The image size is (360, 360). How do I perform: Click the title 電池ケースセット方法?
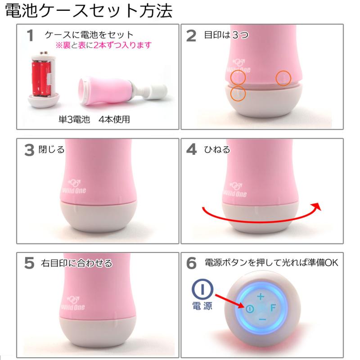click(89, 10)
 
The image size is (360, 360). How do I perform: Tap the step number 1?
click(30, 36)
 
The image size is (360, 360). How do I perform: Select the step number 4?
click(192, 149)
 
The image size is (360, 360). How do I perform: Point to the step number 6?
click(192, 263)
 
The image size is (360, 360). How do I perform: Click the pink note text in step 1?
click(103, 45)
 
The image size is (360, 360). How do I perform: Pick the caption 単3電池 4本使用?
click(94, 119)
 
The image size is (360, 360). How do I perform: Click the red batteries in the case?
click(41, 78)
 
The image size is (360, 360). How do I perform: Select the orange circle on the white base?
click(238, 94)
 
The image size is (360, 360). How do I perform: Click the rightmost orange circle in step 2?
click(283, 78)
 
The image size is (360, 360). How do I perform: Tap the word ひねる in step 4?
click(217, 150)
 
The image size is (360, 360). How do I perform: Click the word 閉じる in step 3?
click(51, 150)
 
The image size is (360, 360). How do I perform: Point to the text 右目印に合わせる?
click(76, 263)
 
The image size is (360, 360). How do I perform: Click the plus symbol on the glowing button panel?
click(261, 297)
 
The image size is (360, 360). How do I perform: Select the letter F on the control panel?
click(273, 308)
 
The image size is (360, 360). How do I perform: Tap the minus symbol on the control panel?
click(262, 319)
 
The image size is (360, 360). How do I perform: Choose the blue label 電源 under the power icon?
click(202, 306)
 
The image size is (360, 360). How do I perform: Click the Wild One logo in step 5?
click(73, 303)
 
